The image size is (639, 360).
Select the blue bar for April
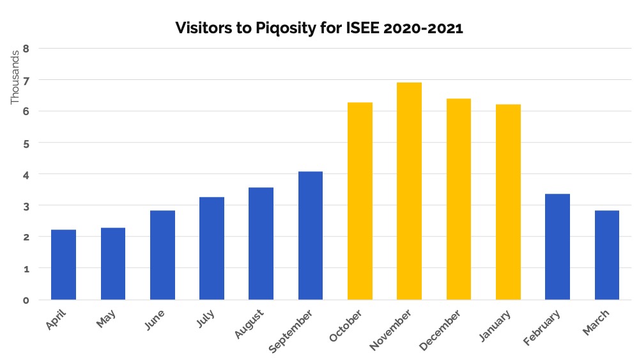[x=63, y=265]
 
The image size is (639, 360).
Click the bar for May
[x=113, y=263]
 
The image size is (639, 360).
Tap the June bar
[x=162, y=255]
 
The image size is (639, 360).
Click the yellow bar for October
[x=360, y=201]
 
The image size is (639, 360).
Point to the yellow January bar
[x=508, y=202]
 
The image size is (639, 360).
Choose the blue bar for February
[x=557, y=247]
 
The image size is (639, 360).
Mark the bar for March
[x=607, y=255]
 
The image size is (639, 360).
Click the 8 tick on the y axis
[x=26, y=48]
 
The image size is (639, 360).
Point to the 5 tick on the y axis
[x=26, y=143]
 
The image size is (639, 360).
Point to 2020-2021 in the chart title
[x=413, y=28]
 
